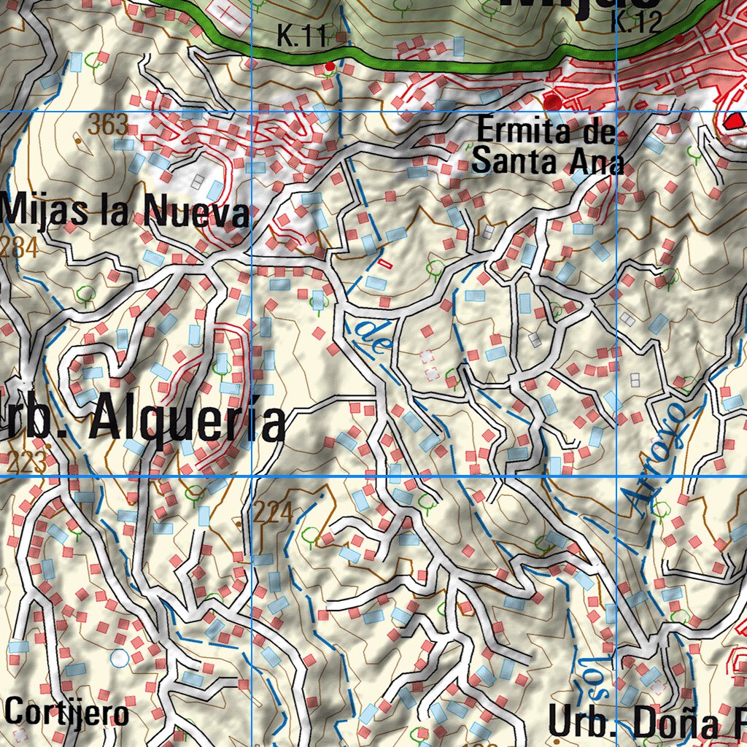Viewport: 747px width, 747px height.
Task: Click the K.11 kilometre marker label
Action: pyautogui.click(x=300, y=36)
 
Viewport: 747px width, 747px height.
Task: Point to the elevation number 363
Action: pyautogui.click(x=108, y=125)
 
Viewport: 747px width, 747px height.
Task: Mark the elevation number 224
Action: pyautogui.click(x=274, y=513)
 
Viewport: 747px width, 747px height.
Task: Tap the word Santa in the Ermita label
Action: pyautogui.click(x=511, y=162)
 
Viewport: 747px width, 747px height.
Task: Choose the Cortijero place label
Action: pyautogui.click(x=67, y=712)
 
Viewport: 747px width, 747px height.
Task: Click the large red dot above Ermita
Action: pyautogui.click(x=553, y=101)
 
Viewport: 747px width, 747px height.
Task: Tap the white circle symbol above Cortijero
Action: pyautogui.click(x=120, y=658)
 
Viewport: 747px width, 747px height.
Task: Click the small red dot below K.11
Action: pyautogui.click(x=330, y=66)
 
